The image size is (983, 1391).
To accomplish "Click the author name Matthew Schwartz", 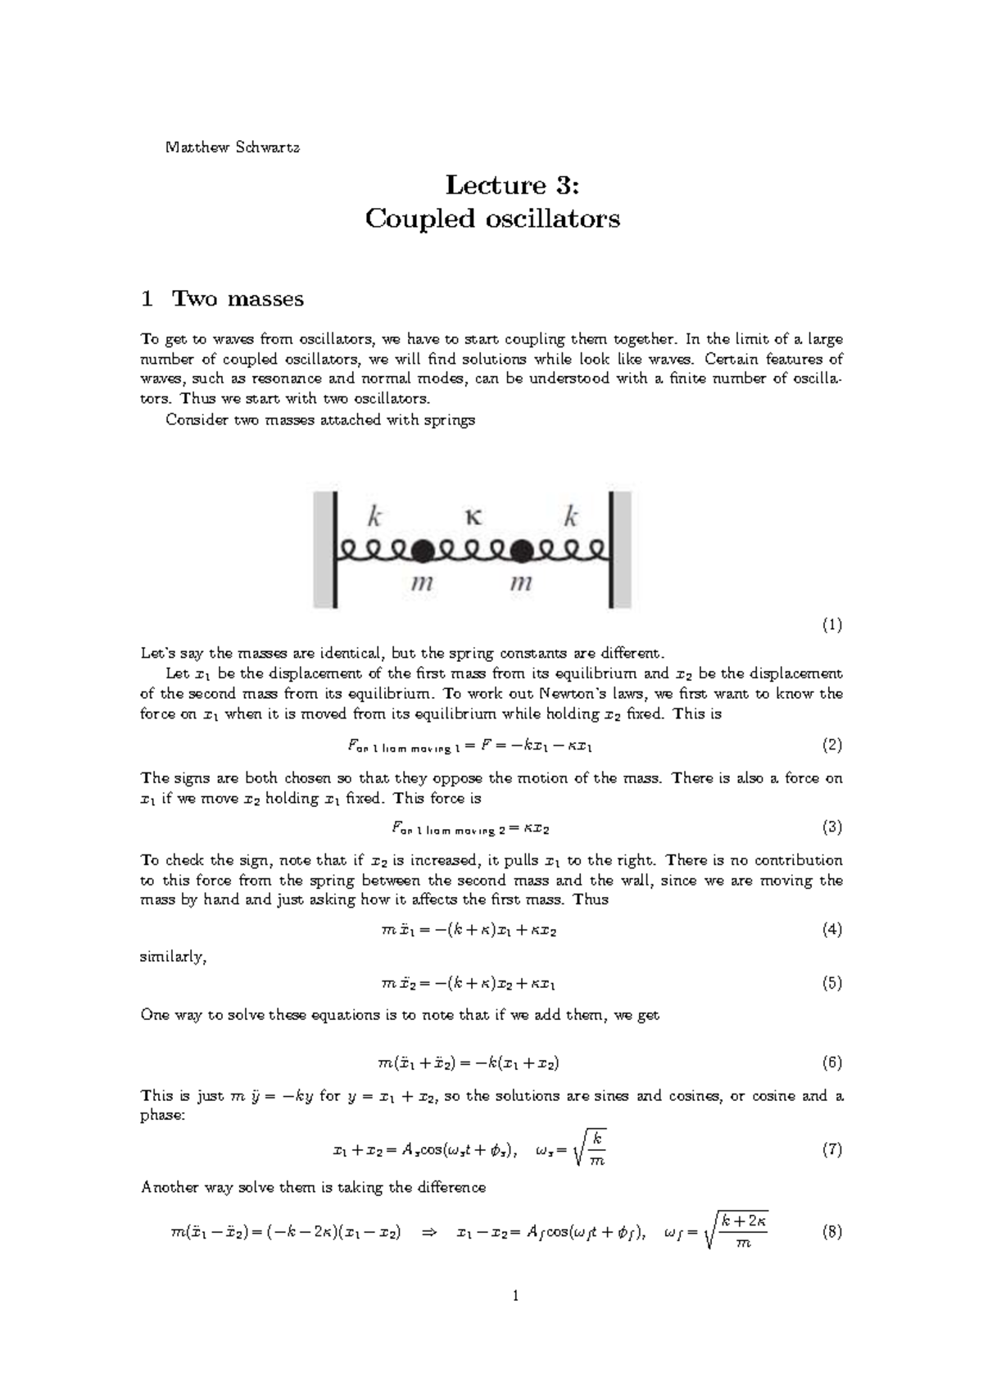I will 233,148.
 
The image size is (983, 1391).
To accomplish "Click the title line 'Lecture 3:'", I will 512,185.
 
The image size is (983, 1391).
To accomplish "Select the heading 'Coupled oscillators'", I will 492,220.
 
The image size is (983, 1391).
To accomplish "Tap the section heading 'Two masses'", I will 238,299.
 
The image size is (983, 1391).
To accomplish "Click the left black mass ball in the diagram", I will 422,551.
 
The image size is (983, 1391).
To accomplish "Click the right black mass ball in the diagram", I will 521,551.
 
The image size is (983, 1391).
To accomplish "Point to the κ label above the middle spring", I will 473,517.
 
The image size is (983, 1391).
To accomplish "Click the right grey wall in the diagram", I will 621,549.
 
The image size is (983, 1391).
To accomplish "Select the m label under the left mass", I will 421,584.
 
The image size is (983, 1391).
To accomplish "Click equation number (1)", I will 831,625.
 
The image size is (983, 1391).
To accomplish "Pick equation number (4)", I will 831,930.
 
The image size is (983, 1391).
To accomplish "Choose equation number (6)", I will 831,1063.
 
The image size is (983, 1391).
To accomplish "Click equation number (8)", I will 831,1231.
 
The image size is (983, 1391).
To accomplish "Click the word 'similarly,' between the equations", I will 173,957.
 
